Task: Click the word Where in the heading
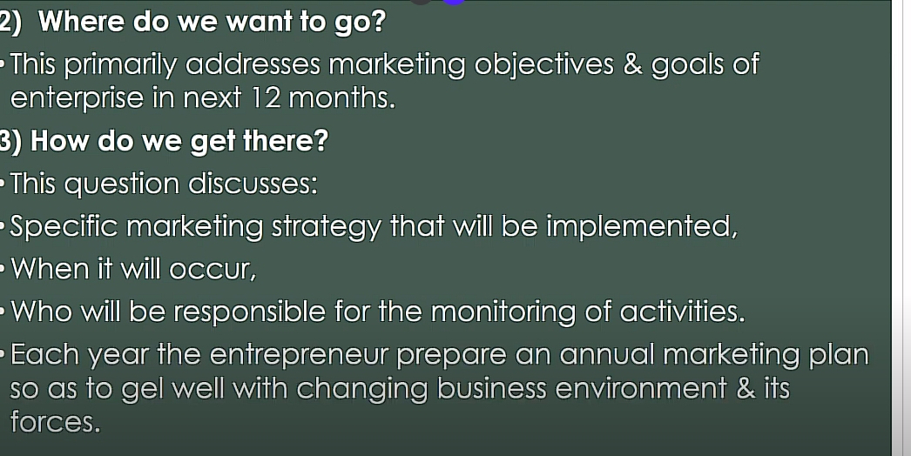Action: click(81, 22)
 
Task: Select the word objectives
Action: click(543, 64)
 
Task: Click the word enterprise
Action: click(77, 98)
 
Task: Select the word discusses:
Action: click(253, 184)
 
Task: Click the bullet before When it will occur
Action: click(3, 270)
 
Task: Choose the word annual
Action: click(606, 354)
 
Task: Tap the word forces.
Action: click(55, 422)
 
